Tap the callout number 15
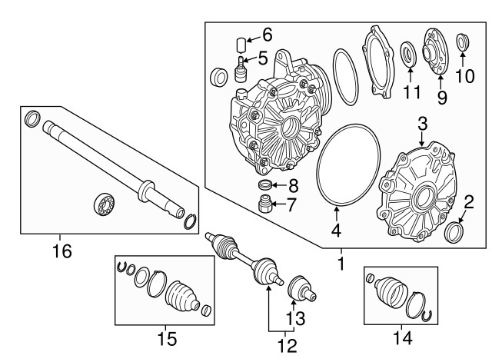click(166, 338)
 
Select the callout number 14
click(402, 336)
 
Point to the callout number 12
click(286, 347)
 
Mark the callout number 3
click(422, 124)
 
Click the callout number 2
click(468, 202)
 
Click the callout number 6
click(268, 35)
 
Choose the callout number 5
click(263, 58)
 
